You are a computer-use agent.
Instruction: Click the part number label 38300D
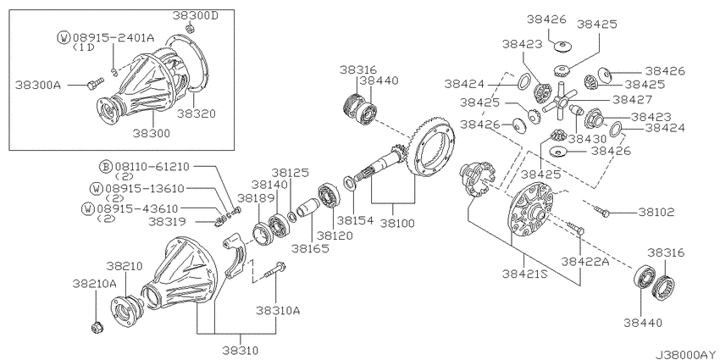(x=196, y=15)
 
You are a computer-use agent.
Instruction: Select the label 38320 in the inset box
(x=197, y=113)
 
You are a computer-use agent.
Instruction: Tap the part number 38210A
(x=94, y=284)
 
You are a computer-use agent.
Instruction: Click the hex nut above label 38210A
(x=97, y=328)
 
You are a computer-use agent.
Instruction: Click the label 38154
(x=356, y=220)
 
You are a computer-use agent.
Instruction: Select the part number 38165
(x=310, y=248)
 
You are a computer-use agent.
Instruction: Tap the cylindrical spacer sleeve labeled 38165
(x=308, y=208)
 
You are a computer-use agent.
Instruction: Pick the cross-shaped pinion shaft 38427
(x=559, y=100)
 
